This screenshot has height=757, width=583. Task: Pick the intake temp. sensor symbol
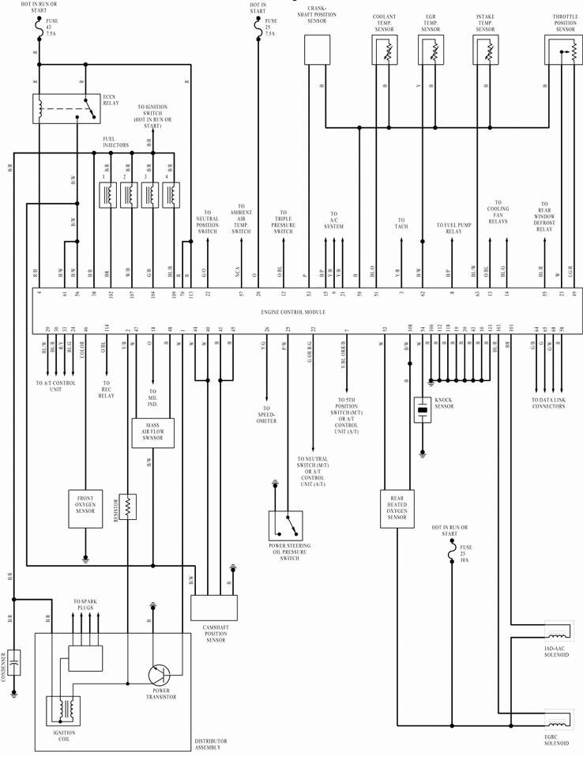point(486,51)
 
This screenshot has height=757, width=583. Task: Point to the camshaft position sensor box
point(213,608)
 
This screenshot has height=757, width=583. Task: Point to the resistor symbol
point(129,507)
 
